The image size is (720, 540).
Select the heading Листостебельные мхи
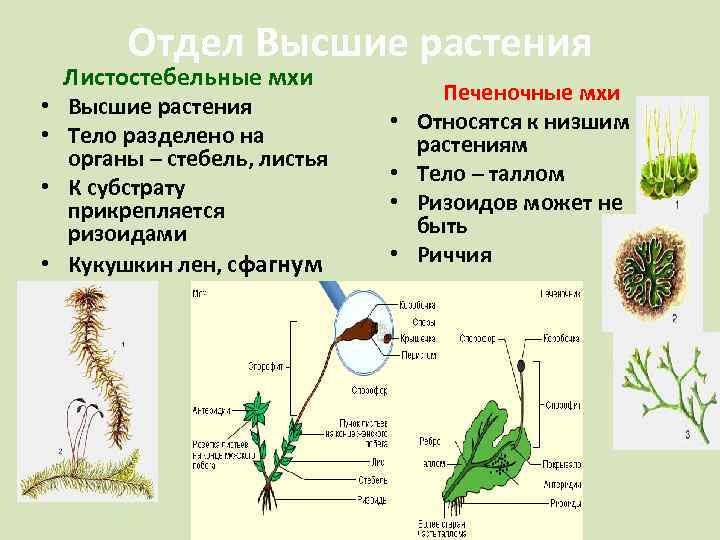coord(189,77)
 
